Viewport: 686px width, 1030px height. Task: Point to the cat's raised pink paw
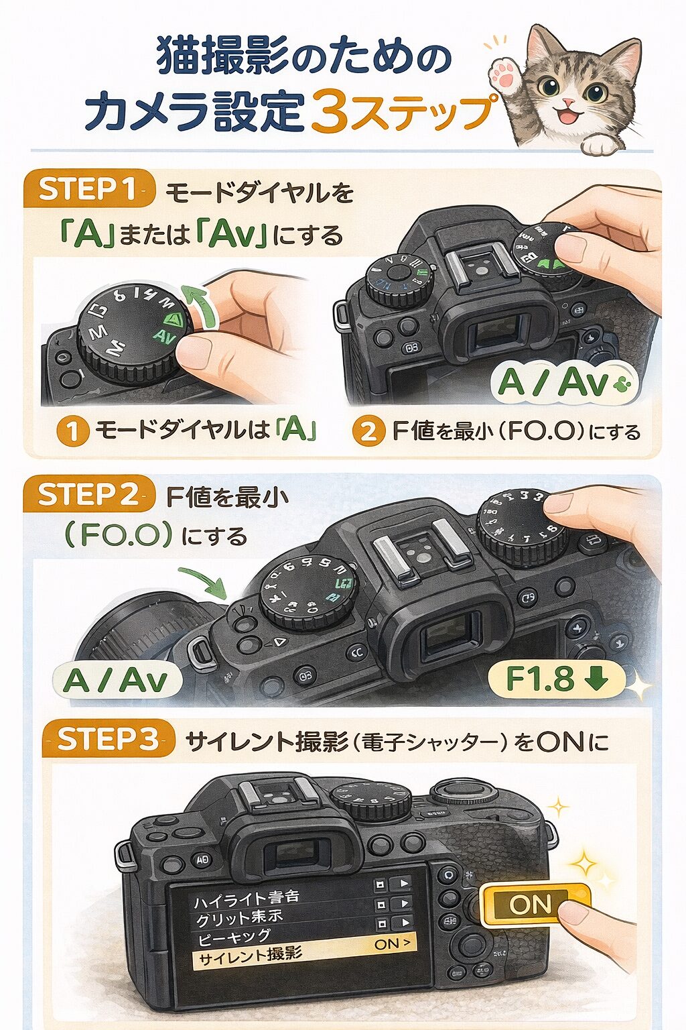(504, 73)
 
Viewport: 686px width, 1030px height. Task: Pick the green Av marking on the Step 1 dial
(164, 335)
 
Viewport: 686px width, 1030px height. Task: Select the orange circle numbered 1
(72, 431)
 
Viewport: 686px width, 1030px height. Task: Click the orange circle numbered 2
(368, 431)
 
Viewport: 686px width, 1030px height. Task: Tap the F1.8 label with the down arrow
(556, 679)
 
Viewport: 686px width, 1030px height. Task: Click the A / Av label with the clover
(564, 383)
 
